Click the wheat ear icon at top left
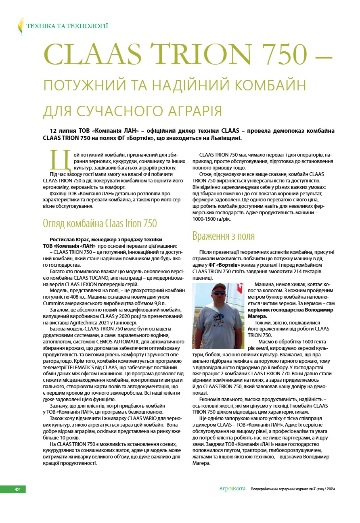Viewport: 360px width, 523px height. (x=20, y=27)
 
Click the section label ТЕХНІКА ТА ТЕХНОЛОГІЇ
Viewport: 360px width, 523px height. (x=67, y=27)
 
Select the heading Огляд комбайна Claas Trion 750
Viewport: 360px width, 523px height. (x=100, y=224)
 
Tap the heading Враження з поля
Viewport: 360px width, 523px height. (x=223, y=236)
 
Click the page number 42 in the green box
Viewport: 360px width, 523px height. (x=17, y=490)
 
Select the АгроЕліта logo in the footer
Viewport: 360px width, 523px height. (x=232, y=489)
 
